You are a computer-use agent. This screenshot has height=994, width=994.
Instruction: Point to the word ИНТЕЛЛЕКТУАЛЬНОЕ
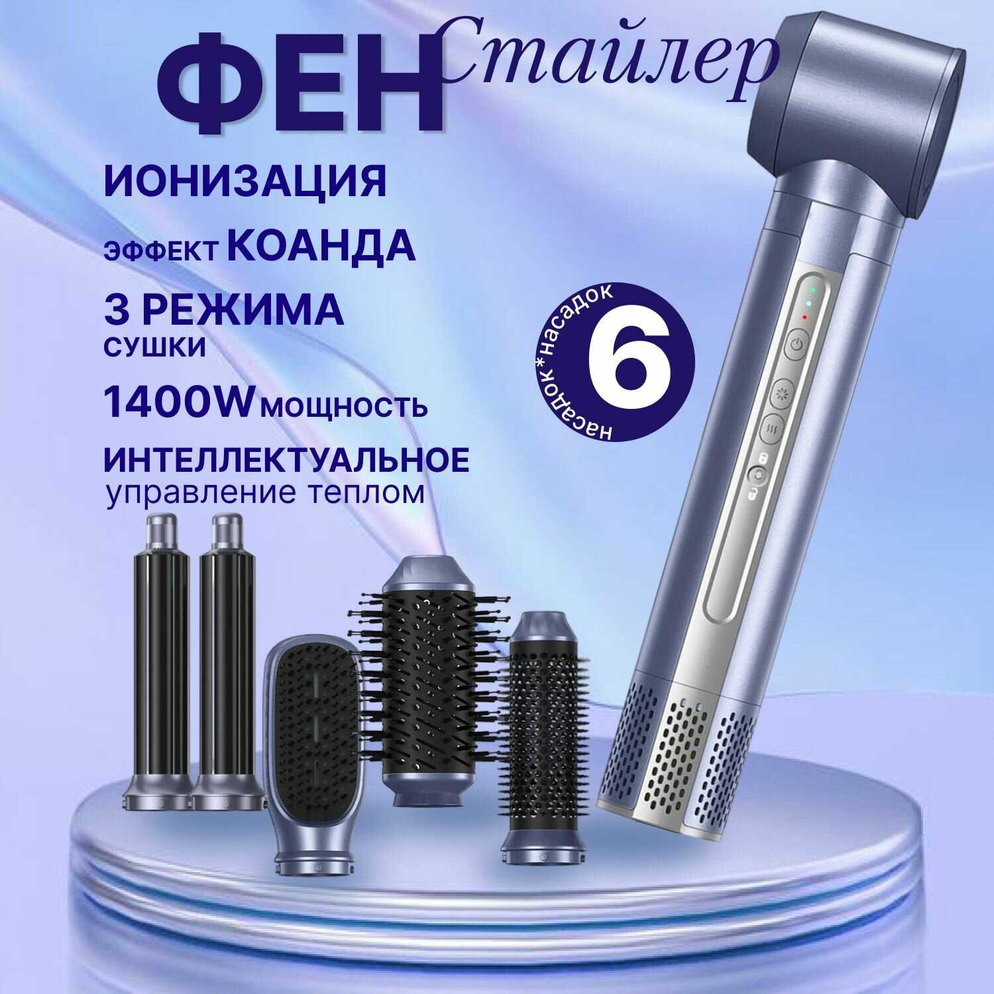pyautogui.click(x=287, y=460)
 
